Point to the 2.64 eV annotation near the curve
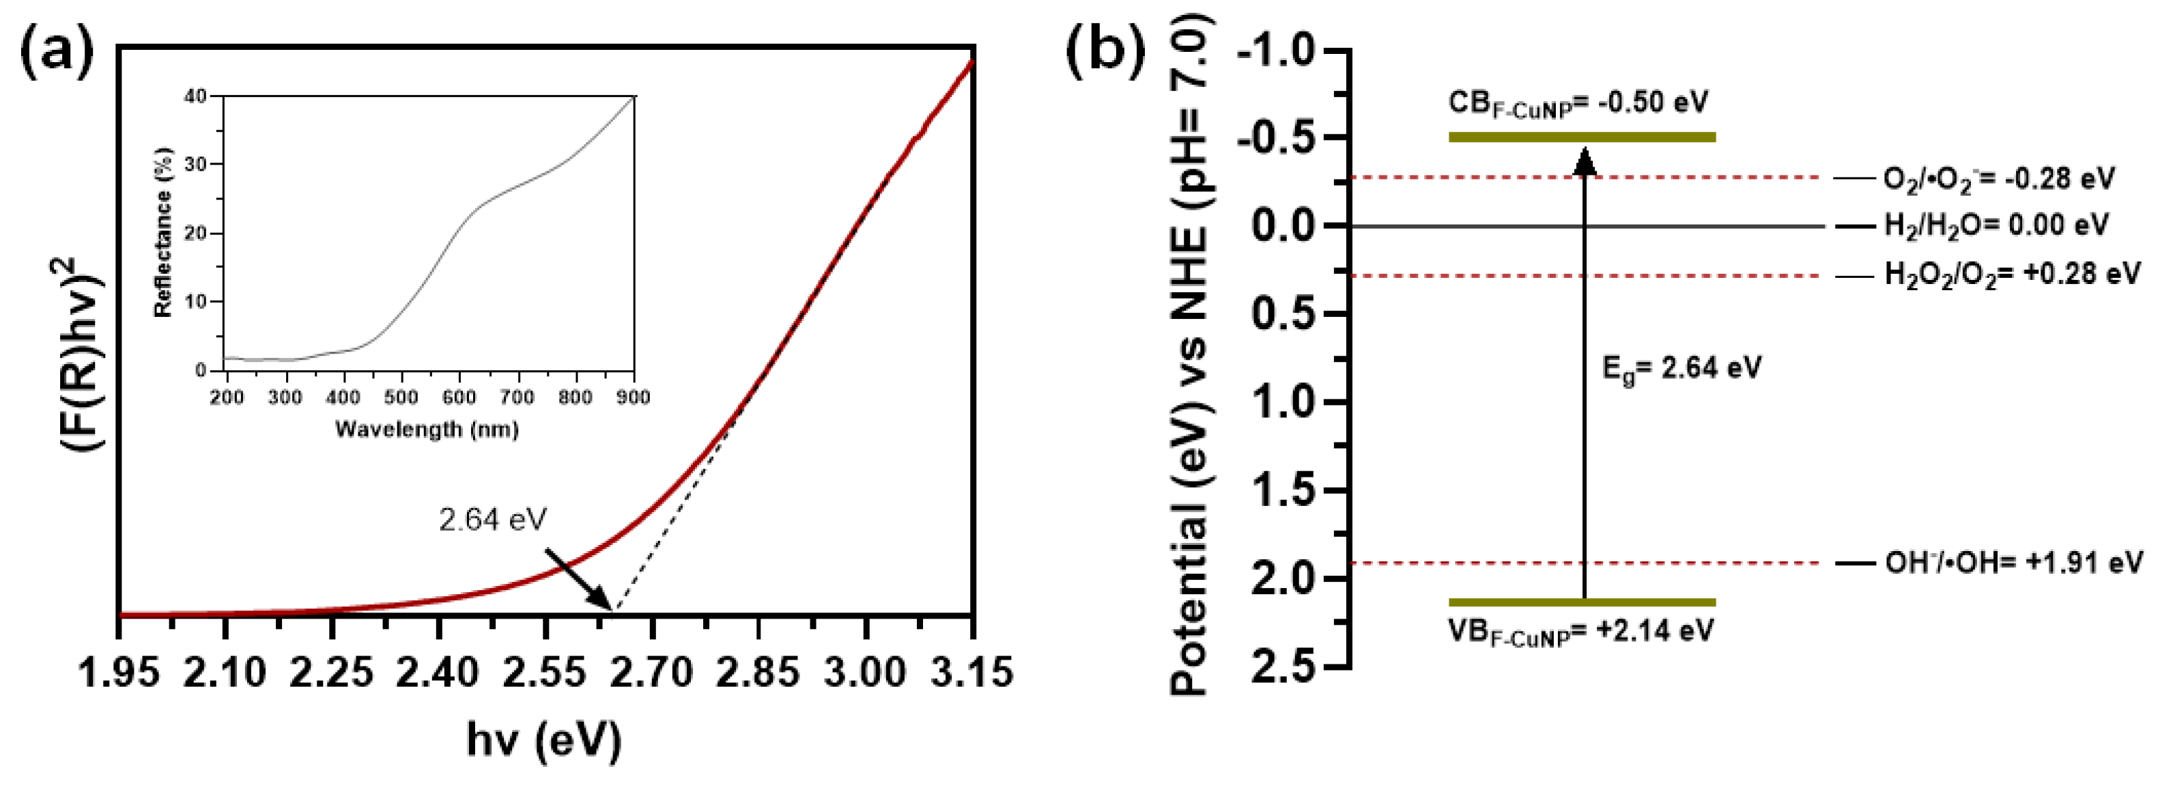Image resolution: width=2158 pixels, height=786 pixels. [493, 520]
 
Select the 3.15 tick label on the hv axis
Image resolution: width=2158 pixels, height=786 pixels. [971, 673]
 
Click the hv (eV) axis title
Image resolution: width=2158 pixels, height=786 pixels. [545, 741]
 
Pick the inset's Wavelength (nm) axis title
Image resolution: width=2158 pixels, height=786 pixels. [427, 430]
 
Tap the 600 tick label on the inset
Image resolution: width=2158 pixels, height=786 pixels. [459, 396]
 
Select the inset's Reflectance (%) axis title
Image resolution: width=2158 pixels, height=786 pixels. [163, 233]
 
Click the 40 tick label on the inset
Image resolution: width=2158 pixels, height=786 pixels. [195, 96]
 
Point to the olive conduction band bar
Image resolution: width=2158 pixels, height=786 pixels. [1582, 137]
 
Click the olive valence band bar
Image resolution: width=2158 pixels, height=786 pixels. [1582, 602]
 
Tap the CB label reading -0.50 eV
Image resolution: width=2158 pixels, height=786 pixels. [1578, 104]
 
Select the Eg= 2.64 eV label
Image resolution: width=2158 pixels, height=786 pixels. [1681, 368]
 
